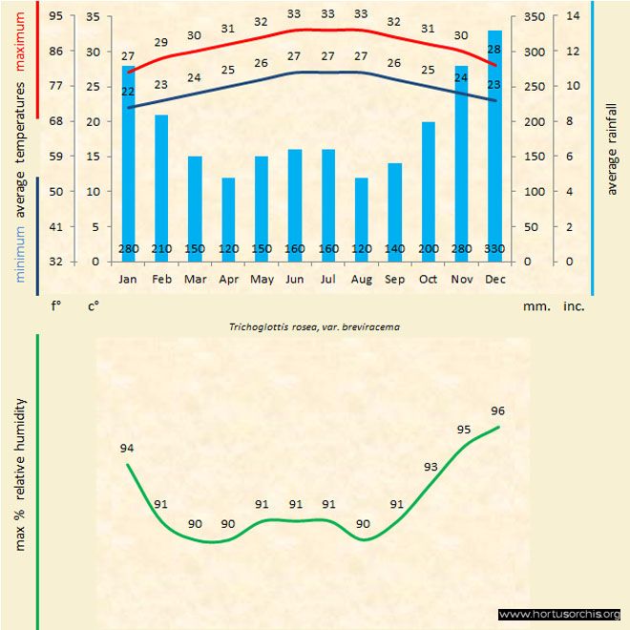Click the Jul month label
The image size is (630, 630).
click(x=327, y=280)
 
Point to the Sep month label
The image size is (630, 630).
click(x=394, y=280)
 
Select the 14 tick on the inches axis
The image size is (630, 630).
click(x=573, y=16)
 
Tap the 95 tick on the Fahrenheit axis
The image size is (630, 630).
click(x=56, y=16)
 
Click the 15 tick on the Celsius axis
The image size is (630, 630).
click(x=92, y=157)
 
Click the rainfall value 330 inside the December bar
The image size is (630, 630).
click(x=494, y=250)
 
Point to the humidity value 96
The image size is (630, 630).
click(x=497, y=410)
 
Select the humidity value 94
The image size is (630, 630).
click(x=127, y=448)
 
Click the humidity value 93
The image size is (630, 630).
click(x=430, y=467)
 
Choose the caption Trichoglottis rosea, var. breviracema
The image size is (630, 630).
click(x=314, y=326)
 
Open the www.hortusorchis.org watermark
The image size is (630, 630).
click(x=559, y=614)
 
